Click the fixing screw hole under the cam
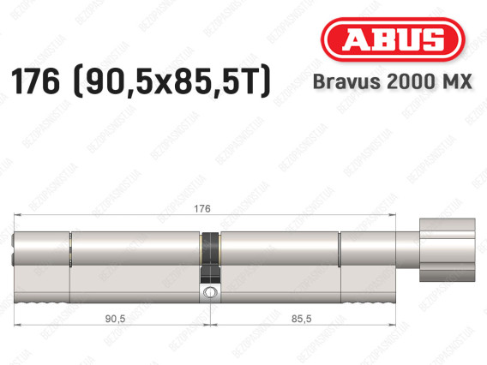[x=209, y=295]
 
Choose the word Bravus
[x=359, y=82]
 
